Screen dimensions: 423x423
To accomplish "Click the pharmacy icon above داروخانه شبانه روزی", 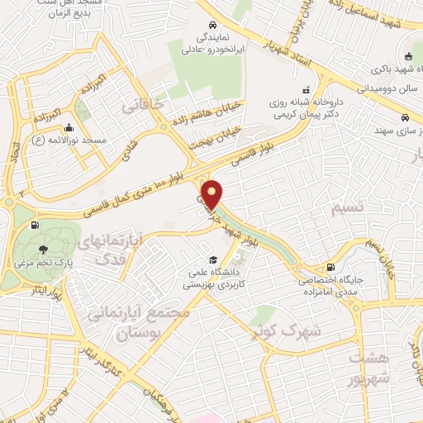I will click(307, 89).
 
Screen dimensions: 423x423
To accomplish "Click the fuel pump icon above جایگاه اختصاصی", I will click(330, 267).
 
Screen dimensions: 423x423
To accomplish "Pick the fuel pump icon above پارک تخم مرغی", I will click(34, 225).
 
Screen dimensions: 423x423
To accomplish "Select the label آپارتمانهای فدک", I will click(115, 250).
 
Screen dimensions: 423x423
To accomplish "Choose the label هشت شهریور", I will click(368, 370).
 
